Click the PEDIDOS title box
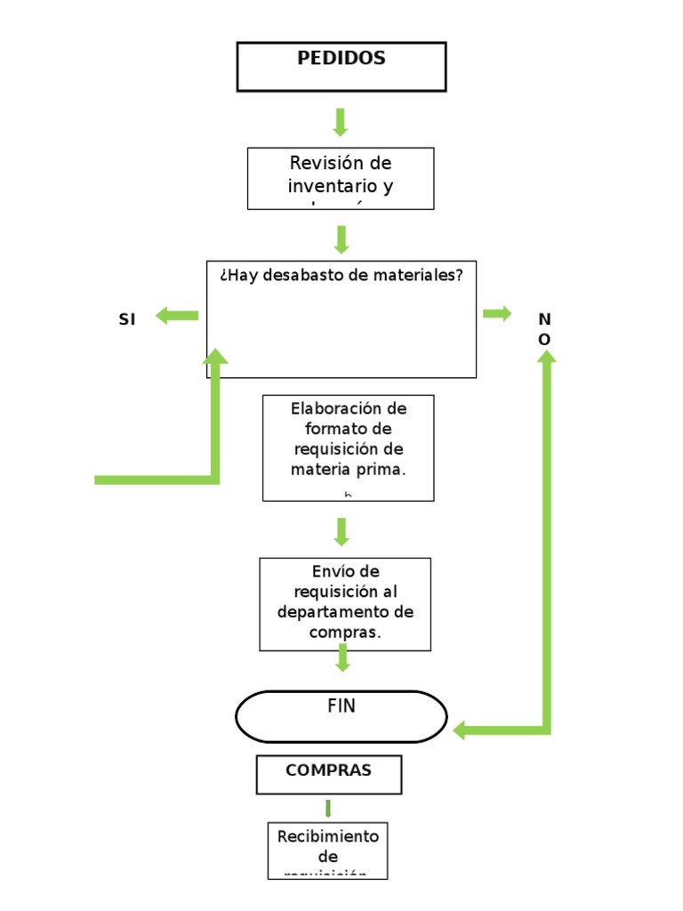coord(341,67)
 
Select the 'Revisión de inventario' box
coord(341,178)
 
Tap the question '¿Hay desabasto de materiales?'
coord(341,276)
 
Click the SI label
coord(127,320)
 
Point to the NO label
coord(544,329)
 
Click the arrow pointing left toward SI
coord(177,315)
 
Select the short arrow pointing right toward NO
coord(496,313)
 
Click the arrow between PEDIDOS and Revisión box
coord(340,122)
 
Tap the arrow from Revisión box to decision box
coord(341,238)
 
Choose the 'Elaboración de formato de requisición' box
coord(348,447)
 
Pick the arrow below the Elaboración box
coord(341,531)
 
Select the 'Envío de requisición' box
coord(345,603)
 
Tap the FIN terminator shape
coord(341,716)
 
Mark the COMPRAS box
coord(328,774)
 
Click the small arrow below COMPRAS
coord(328,808)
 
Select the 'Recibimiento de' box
coord(328,850)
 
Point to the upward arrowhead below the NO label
coord(546,357)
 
